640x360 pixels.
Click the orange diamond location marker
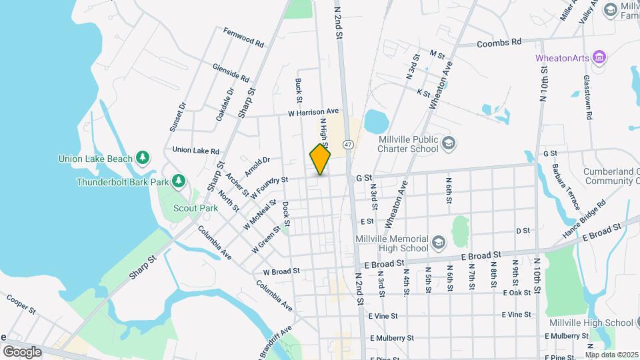320,160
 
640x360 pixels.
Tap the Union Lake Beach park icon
142,157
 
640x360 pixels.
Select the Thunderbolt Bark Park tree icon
178,181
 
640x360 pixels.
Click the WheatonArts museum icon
599,57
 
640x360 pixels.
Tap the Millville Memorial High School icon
438,241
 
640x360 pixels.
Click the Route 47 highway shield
348,144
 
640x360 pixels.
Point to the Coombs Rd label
499,43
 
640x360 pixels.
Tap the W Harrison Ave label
313,112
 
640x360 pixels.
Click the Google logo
22,351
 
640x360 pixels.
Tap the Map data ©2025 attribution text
611,355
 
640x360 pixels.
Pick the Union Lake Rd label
195,151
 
